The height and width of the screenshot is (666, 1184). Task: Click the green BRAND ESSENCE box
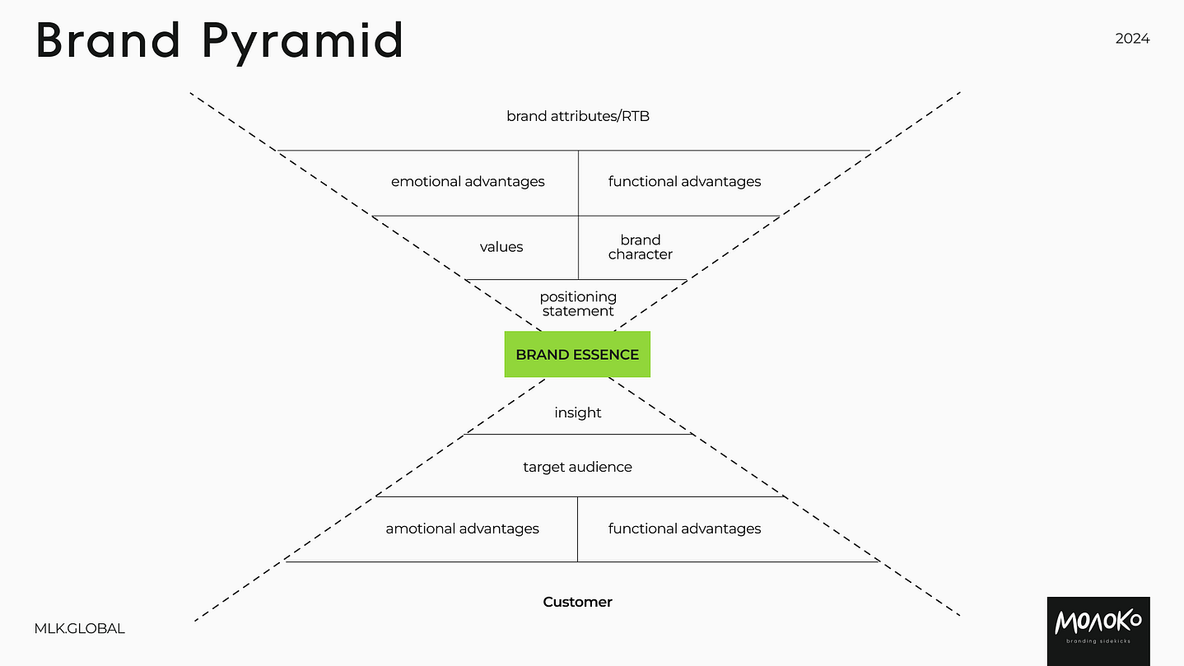(x=577, y=355)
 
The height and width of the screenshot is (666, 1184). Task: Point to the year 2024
(x=1132, y=39)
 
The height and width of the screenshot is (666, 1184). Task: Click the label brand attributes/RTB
(x=578, y=116)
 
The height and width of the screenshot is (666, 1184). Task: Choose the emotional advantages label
(x=468, y=181)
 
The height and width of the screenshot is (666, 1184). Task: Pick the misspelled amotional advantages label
(x=462, y=529)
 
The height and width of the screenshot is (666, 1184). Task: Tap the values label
(x=501, y=247)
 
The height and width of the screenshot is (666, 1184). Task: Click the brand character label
(x=641, y=247)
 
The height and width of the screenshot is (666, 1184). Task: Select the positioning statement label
(x=578, y=304)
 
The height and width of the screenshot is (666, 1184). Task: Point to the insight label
(x=578, y=412)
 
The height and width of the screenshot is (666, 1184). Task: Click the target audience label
(x=577, y=467)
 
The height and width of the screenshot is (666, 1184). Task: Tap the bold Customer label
(x=577, y=602)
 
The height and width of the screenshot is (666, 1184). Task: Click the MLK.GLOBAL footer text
(x=80, y=628)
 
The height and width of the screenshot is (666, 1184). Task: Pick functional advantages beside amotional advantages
(x=684, y=529)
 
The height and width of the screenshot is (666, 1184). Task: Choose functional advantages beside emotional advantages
(x=684, y=181)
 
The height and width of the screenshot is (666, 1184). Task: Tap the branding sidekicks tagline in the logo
(x=1098, y=642)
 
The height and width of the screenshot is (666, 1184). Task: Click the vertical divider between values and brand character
(x=578, y=247)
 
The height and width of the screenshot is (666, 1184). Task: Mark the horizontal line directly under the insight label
(x=578, y=434)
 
